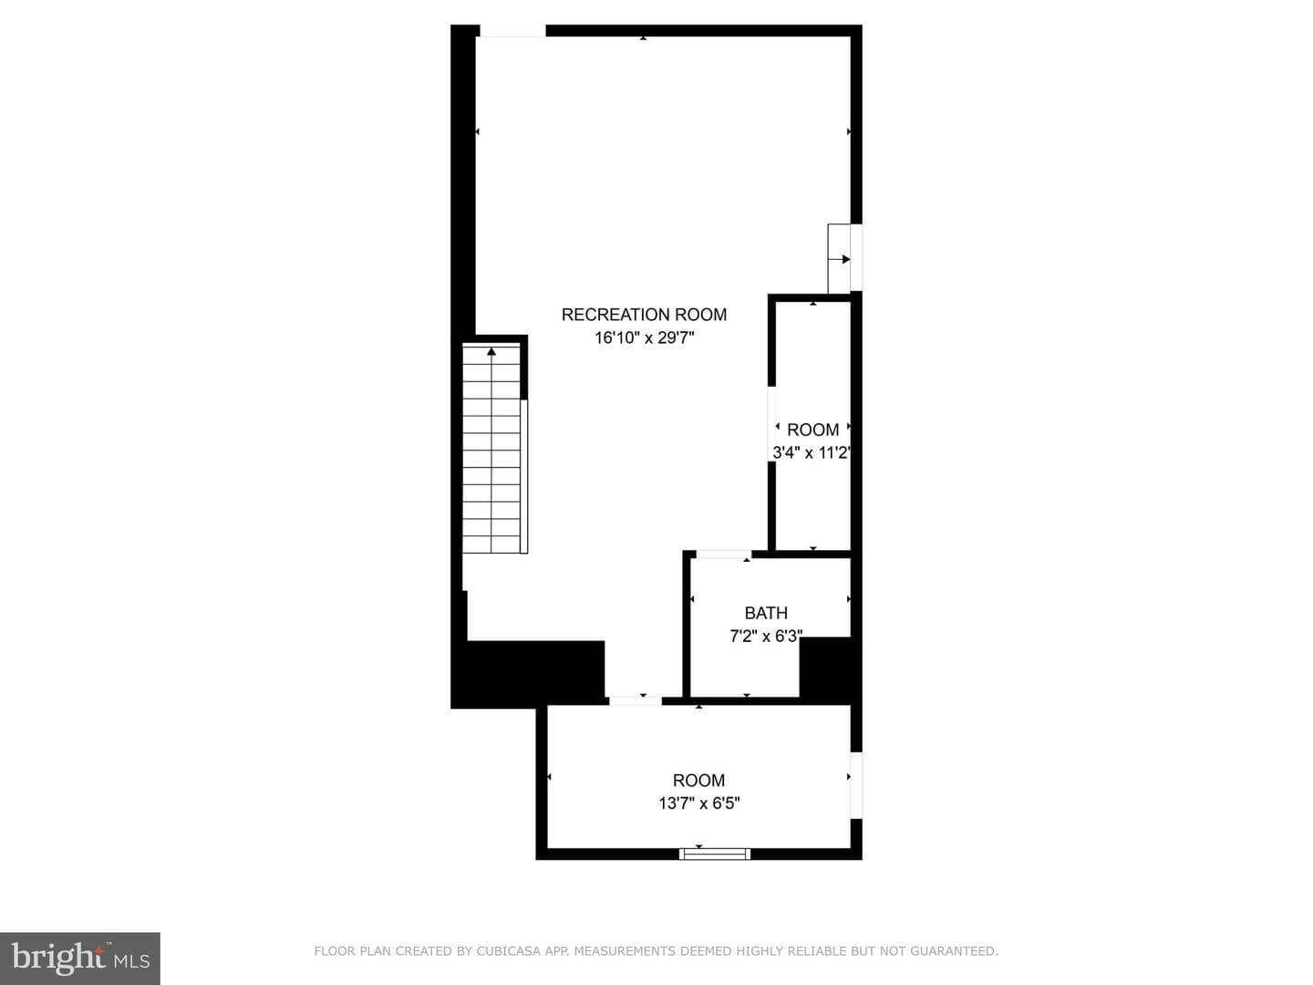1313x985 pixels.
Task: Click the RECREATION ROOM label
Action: point(644,315)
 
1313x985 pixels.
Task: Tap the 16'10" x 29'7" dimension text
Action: point(644,337)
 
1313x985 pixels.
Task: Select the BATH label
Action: point(766,613)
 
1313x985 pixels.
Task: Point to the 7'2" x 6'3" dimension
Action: point(766,636)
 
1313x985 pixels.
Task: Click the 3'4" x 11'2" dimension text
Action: point(812,452)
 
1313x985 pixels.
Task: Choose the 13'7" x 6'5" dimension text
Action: point(698,803)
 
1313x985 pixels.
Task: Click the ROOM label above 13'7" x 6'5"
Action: point(698,781)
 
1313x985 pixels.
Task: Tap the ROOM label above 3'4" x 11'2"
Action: point(813,430)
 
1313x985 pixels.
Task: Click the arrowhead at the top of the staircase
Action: point(491,352)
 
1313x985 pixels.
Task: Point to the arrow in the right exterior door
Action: point(839,260)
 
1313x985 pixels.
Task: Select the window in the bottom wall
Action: point(714,854)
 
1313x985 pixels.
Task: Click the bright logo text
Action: point(58,958)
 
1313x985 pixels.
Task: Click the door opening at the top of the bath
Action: point(724,555)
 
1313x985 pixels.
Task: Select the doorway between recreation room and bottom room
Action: point(636,700)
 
